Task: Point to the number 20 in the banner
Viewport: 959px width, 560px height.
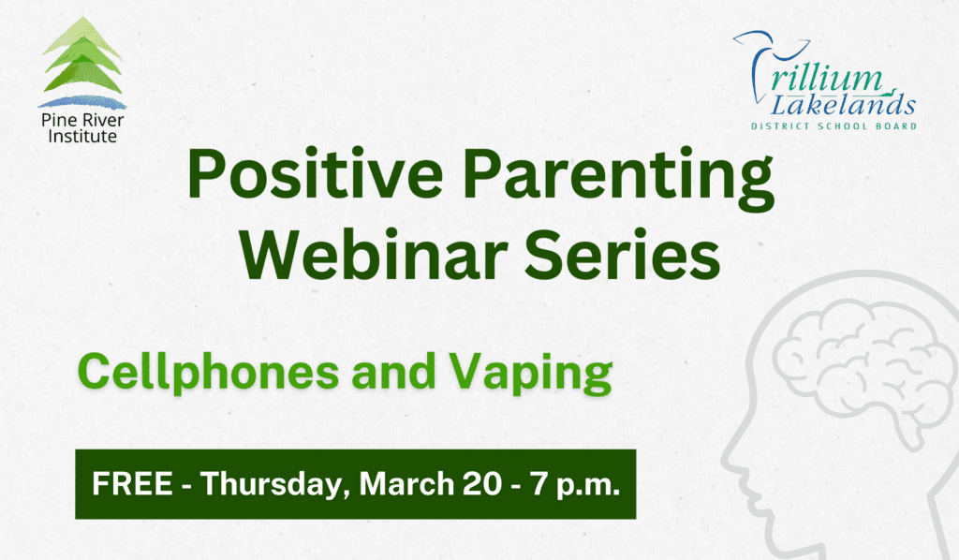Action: click(484, 485)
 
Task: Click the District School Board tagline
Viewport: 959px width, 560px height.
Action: click(834, 125)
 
